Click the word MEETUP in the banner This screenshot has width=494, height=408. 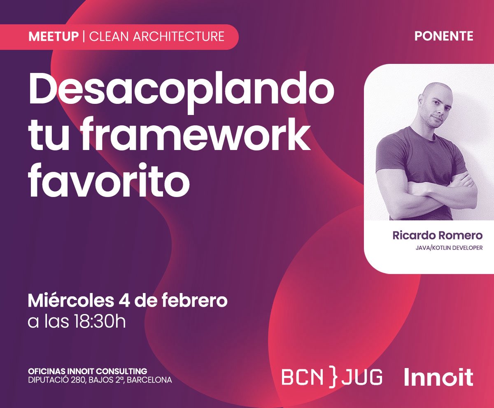(53, 36)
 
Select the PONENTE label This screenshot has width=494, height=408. (444, 36)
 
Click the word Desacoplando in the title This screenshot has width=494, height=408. (181, 90)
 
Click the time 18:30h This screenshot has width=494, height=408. (100, 321)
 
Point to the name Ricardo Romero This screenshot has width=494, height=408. (437, 235)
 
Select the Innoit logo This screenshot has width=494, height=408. (438, 377)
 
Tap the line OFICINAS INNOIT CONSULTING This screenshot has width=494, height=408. (87, 371)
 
